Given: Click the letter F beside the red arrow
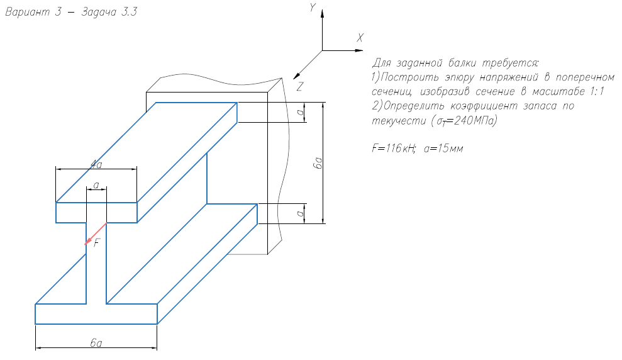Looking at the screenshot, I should tap(97, 244).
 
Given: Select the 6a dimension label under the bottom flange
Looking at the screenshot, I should tap(96, 343).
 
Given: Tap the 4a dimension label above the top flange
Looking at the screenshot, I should tap(96, 164).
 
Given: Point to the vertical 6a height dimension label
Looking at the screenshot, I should tap(319, 163).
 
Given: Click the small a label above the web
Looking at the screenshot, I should tap(96, 184).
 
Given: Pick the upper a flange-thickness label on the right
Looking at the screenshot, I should tap(302, 113).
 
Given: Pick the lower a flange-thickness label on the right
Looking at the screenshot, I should tap(302, 214).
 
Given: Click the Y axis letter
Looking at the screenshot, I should tap(311, 8).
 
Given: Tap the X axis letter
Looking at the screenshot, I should tap(360, 38).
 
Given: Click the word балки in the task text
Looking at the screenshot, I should tap(463, 64).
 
